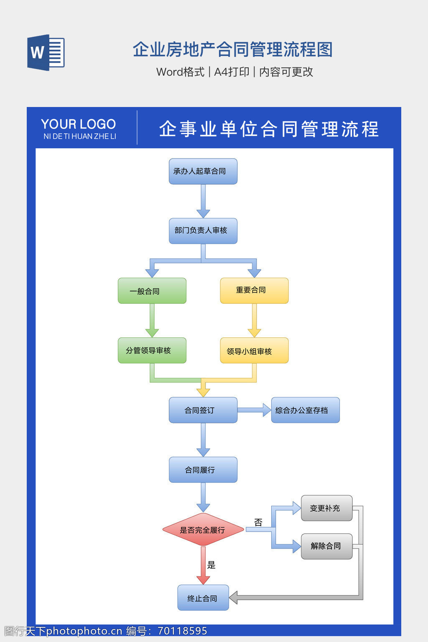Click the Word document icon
pyautogui.click(x=46, y=52)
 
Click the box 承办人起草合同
pyautogui.click(x=203, y=171)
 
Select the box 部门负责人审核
pyautogui.click(x=203, y=231)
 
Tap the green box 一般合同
pyautogui.click(x=152, y=291)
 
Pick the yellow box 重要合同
pyautogui.click(x=254, y=290)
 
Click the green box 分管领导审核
pyautogui.click(x=152, y=350)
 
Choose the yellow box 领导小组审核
pyautogui.click(x=254, y=351)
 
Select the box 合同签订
pyautogui.click(x=203, y=410)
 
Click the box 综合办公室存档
pyautogui.click(x=305, y=410)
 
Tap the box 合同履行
pyautogui.click(x=203, y=470)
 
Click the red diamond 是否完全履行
pyautogui.click(x=203, y=530)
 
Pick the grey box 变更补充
pyautogui.click(x=326, y=508)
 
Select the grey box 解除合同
pyautogui.click(x=326, y=546)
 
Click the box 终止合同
pyautogui.click(x=203, y=598)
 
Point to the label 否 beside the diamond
pyautogui.click(x=258, y=522)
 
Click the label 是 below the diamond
pyautogui.click(x=211, y=565)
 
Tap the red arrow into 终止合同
pyautogui.click(x=203, y=566)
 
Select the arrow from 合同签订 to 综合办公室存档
pyautogui.click(x=254, y=410)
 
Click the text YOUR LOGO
pyautogui.click(x=79, y=124)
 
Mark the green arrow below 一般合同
pyautogui.click(x=152, y=320)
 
